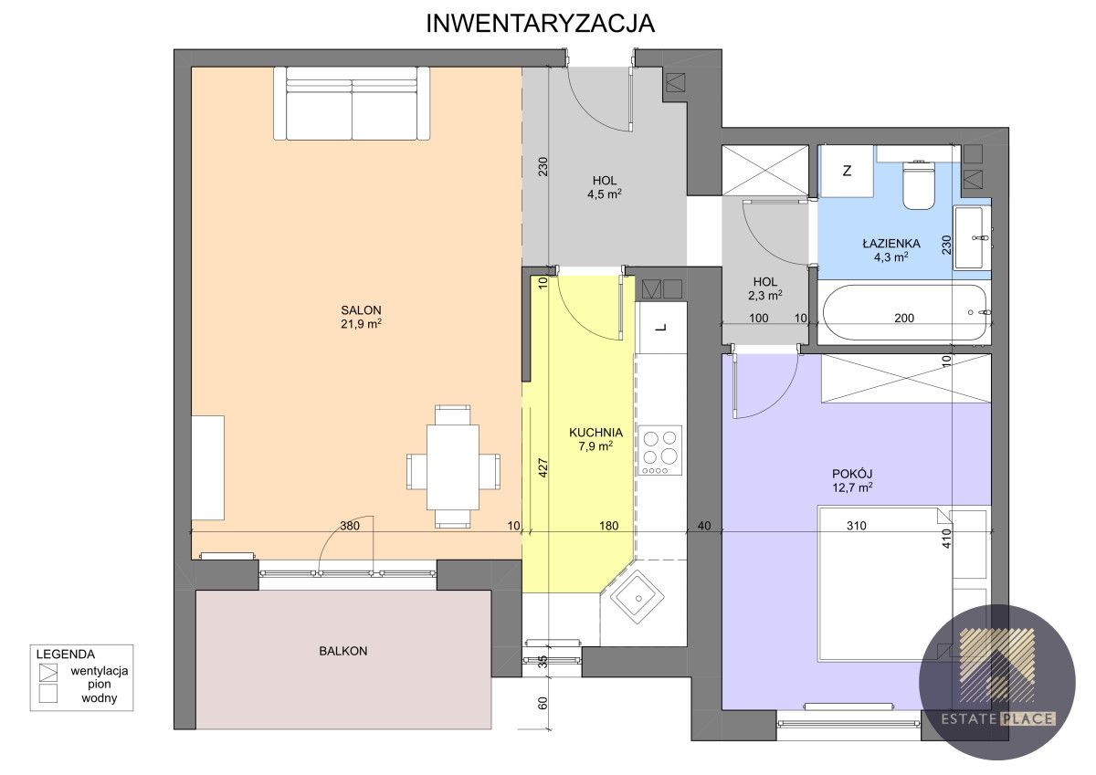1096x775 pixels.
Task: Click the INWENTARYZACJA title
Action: (x=540, y=24)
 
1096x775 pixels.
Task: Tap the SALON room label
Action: (x=361, y=310)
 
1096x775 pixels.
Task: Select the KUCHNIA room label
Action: (x=595, y=433)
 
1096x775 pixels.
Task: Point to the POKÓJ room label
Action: (x=852, y=474)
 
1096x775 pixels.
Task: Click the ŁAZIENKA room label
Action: (x=891, y=243)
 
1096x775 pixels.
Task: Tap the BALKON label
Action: (x=343, y=651)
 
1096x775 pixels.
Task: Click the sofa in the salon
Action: (x=352, y=104)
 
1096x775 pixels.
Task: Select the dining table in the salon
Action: (x=453, y=467)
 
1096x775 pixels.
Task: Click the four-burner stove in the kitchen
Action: (x=659, y=450)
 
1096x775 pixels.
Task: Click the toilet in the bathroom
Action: (x=919, y=183)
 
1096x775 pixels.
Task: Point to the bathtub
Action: (x=904, y=312)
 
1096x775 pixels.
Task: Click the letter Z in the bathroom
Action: (x=847, y=171)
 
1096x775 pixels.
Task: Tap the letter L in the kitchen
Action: (x=661, y=328)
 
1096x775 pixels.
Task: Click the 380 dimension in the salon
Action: (x=350, y=526)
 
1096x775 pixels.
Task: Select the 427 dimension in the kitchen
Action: (x=543, y=468)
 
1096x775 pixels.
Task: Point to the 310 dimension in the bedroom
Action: (x=857, y=526)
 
